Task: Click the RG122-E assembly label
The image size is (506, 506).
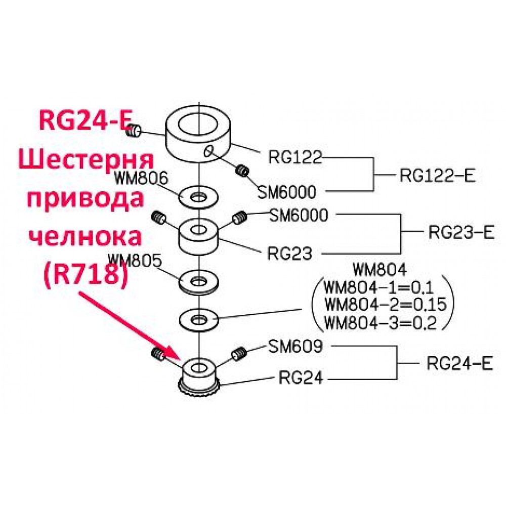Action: click(x=438, y=176)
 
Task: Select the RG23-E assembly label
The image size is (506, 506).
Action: click(x=461, y=232)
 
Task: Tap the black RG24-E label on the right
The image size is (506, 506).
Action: click(x=460, y=364)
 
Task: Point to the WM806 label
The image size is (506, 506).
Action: click(x=141, y=178)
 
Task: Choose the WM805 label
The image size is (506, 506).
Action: click(x=134, y=260)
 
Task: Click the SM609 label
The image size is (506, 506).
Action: click(x=296, y=347)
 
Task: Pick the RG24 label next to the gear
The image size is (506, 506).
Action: click(x=301, y=377)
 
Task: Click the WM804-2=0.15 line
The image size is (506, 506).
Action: click(x=385, y=304)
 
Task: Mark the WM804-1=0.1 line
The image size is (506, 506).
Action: click(x=378, y=287)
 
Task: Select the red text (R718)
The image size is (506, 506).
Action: click(x=85, y=275)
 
